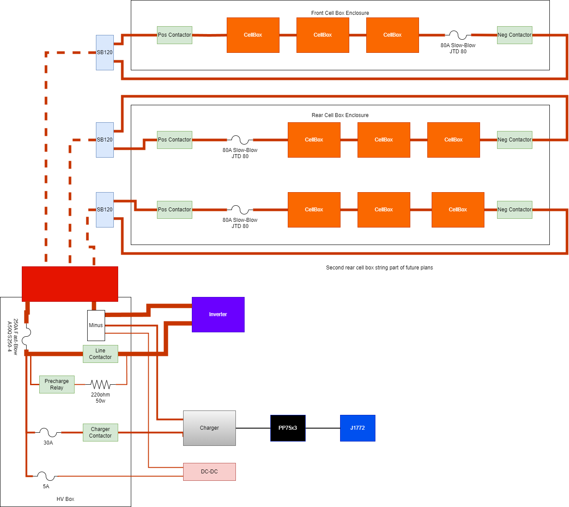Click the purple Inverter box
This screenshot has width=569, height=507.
[x=218, y=314]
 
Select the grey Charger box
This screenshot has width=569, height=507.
[x=209, y=428]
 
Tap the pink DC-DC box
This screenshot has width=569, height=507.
[x=209, y=472]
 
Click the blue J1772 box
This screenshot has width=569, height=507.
[x=358, y=428]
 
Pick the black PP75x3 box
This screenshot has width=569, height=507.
[x=288, y=428]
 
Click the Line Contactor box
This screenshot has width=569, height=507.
[x=100, y=354]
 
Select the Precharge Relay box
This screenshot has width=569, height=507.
[x=57, y=384]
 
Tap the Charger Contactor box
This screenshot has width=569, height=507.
[x=100, y=432]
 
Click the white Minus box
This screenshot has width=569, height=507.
[x=96, y=325]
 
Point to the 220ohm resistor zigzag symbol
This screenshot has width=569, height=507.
[x=100, y=385]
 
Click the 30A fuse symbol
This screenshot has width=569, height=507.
[x=48, y=432]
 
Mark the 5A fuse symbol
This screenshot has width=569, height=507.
[x=46, y=476]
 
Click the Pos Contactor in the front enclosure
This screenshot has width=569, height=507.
[x=174, y=35]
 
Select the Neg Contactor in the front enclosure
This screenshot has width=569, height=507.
[x=514, y=35]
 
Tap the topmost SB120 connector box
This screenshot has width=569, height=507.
[x=105, y=52]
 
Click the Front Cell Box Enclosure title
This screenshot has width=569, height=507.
[x=340, y=13]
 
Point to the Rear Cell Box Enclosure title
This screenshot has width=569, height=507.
[x=340, y=115]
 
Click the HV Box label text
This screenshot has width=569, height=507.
[x=65, y=499]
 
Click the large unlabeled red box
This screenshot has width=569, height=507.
[x=70, y=284]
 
